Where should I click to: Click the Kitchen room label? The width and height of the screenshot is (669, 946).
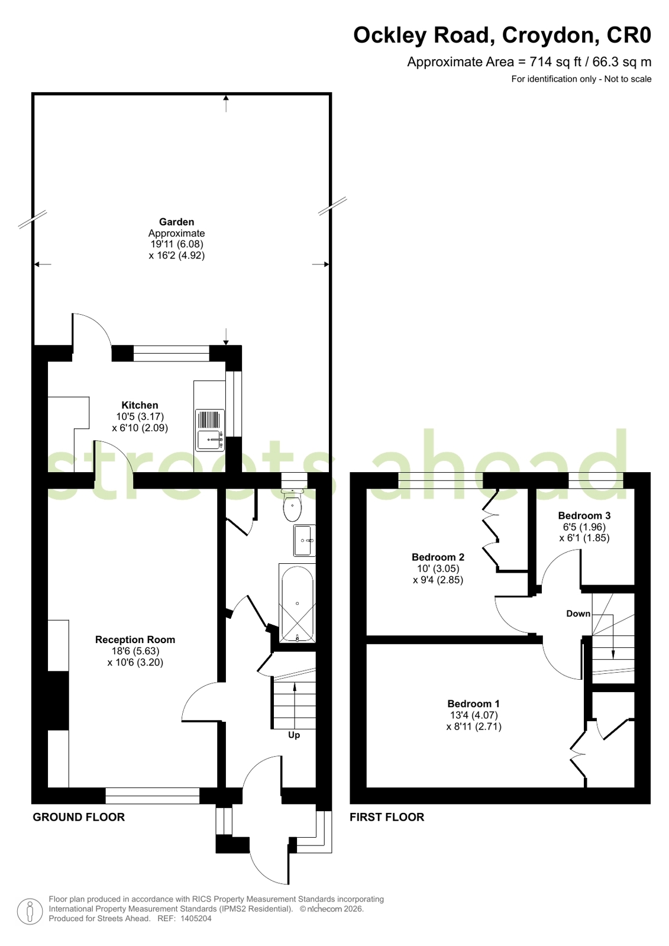click(140, 405)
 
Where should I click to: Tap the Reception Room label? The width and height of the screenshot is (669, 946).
click(135, 640)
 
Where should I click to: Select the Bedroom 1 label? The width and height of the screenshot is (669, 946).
click(473, 703)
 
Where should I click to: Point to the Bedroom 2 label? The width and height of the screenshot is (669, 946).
click(438, 557)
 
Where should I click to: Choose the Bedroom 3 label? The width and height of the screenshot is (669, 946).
click(584, 515)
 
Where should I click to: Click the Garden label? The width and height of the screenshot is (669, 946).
click(176, 222)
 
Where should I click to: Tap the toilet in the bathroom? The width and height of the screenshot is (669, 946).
click(292, 505)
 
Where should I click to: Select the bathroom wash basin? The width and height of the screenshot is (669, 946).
click(304, 541)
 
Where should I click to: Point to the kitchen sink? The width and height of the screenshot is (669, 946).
click(210, 430)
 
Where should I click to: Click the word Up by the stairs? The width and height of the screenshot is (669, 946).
click(294, 735)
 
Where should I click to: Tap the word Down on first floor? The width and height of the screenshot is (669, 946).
click(578, 614)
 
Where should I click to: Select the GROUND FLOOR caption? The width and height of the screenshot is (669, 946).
click(79, 817)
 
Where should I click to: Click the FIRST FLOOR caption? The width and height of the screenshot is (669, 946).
click(387, 817)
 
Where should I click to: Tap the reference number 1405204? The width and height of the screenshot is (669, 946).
click(196, 918)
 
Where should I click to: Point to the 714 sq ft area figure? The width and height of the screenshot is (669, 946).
click(541, 62)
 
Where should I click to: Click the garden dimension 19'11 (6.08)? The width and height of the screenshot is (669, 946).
click(177, 244)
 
